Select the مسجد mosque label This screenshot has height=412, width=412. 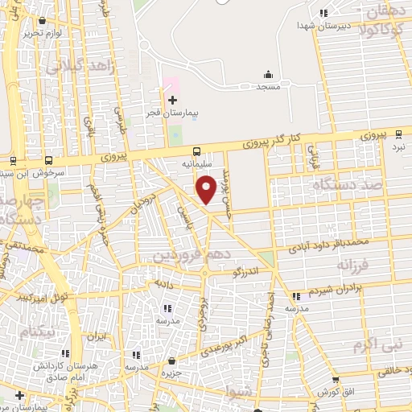coord(267,86)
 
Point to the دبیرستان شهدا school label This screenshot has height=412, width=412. coord(303,26)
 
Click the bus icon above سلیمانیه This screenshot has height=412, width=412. coord(197,150)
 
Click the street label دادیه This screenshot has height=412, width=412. coord(163,285)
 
